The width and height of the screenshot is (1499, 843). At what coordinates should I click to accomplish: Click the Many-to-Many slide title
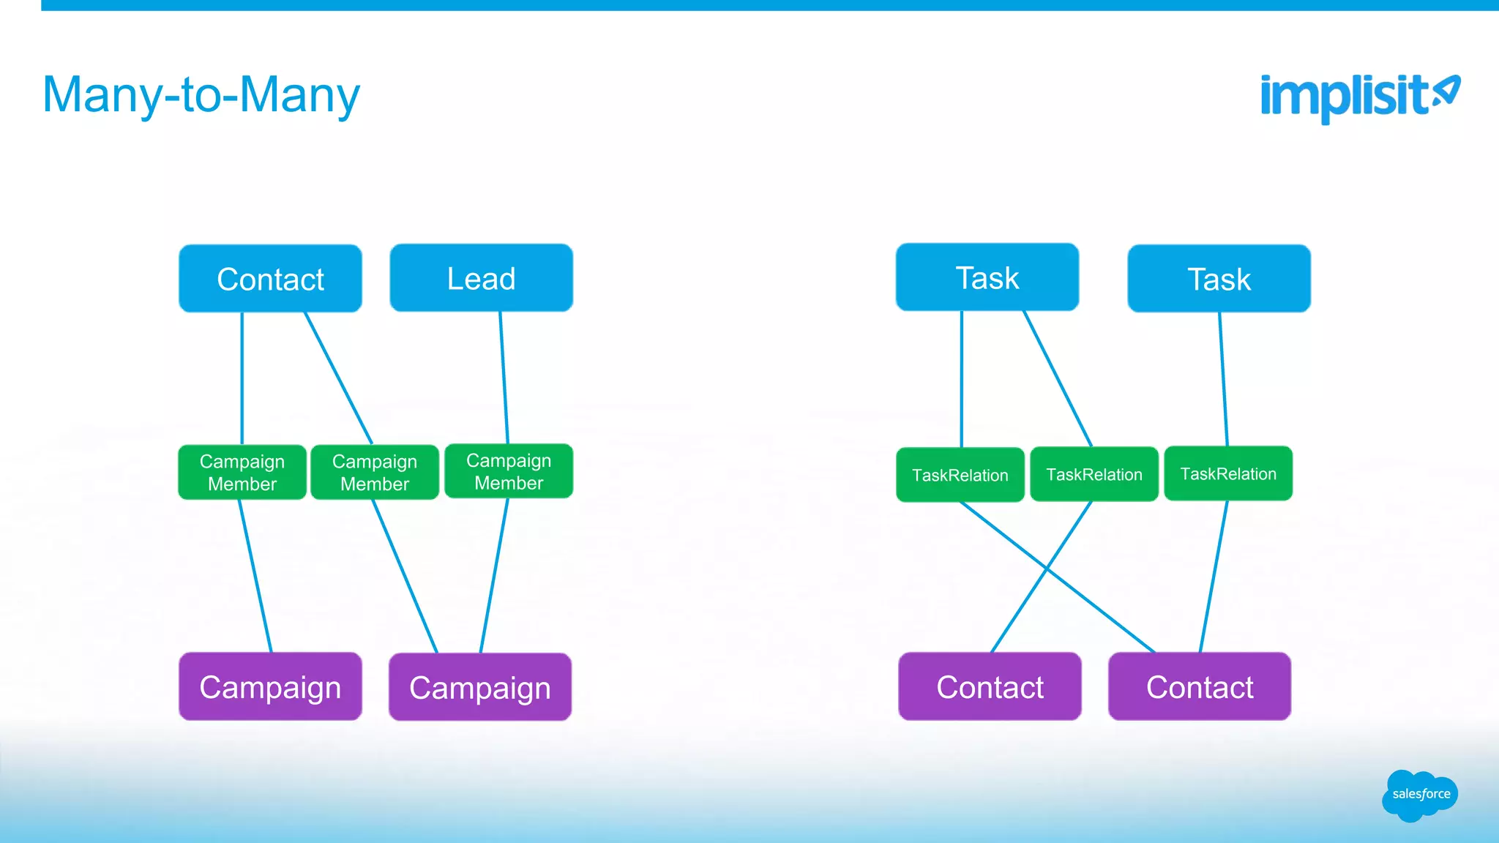click(201, 95)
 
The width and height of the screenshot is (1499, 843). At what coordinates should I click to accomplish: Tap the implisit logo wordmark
click(1343, 97)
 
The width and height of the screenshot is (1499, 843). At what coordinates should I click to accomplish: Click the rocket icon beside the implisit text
click(1446, 92)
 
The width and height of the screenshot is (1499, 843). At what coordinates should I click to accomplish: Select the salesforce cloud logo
click(1420, 795)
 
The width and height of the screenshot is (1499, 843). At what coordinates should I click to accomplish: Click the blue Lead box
click(481, 278)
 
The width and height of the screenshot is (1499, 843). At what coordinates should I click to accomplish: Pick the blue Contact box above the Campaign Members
click(270, 279)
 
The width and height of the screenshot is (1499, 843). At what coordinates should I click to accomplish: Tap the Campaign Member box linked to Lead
click(509, 471)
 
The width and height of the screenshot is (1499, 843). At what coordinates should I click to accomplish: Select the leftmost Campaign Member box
click(242, 472)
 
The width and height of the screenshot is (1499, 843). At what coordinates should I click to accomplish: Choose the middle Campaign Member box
click(375, 472)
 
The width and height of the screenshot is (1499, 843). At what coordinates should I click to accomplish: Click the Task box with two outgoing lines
click(987, 277)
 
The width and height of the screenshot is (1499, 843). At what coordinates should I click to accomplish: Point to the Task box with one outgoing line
click(1219, 279)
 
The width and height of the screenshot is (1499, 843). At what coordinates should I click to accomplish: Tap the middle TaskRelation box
click(1094, 474)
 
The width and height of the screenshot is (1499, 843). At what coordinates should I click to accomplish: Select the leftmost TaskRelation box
click(960, 475)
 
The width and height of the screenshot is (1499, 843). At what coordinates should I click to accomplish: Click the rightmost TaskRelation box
click(1227, 473)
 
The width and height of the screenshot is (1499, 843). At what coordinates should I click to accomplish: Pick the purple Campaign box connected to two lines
click(479, 687)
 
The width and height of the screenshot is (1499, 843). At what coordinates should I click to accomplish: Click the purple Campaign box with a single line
click(270, 686)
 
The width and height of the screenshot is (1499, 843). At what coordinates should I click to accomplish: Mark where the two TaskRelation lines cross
click(1047, 569)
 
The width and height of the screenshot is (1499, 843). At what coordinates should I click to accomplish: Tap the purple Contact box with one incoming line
click(990, 686)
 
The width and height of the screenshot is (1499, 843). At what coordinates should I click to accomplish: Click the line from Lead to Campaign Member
click(504, 377)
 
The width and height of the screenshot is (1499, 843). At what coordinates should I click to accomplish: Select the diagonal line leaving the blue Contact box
click(338, 377)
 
